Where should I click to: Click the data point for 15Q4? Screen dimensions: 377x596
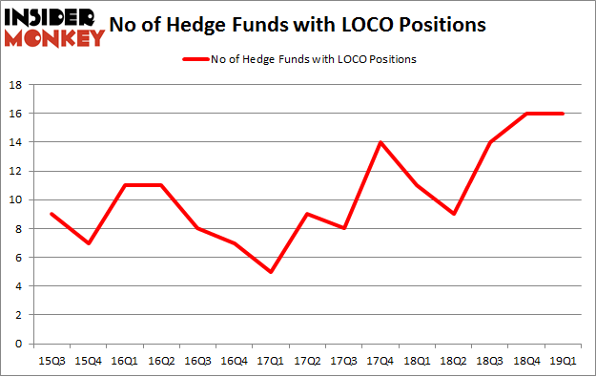coord(88,242)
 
